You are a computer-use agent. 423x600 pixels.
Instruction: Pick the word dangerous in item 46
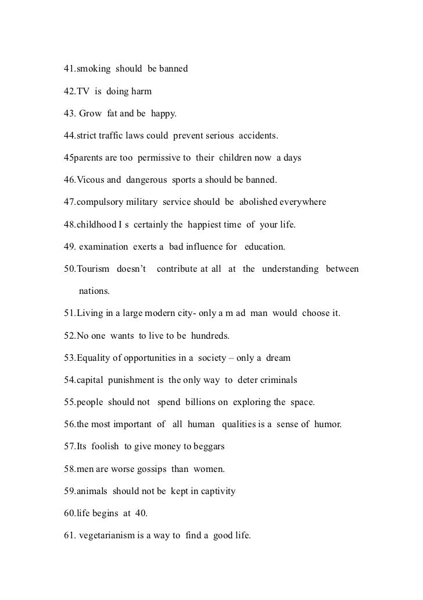pos(146,180)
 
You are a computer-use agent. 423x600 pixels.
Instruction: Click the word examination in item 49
pos(103,247)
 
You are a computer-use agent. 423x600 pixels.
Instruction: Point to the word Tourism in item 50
pos(94,269)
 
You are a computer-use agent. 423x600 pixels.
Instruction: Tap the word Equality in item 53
pos(94,358)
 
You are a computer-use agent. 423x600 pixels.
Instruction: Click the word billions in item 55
pos(205,402)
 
